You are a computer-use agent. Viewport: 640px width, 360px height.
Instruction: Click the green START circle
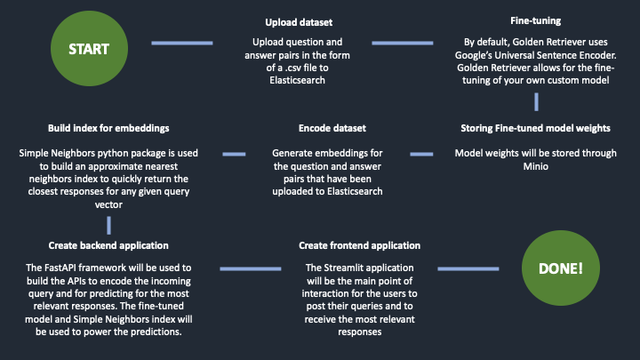click(89, 49)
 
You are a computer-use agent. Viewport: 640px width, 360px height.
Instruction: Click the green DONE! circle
click(560, 268)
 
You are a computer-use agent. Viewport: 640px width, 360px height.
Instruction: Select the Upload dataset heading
click(299, 22)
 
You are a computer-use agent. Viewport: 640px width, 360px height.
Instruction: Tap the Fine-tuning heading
click(535, 20)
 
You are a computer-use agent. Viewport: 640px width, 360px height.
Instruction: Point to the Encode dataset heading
click(332, 128)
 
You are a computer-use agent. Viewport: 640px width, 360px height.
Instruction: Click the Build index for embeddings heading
click(108, 128)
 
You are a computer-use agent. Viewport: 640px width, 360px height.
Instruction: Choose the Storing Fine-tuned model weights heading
click(535, 128)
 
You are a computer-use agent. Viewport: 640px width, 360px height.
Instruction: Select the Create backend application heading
click(108, 245)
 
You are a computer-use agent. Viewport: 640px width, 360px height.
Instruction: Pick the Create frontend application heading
click(360, 245)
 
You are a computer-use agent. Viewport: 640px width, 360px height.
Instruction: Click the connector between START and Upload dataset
click(182, 43)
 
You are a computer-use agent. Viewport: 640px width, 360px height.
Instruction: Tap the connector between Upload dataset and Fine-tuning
click(403, 43)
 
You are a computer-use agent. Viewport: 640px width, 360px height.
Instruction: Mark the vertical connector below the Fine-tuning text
click(536, 101)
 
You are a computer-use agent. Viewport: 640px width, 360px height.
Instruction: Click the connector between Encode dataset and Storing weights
click(421, 154)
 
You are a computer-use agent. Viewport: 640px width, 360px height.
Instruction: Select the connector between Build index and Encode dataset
click(234, 154)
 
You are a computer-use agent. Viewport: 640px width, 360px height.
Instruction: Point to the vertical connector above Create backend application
click(108, 225)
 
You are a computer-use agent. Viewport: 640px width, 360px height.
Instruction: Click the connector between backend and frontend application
click(250, 268)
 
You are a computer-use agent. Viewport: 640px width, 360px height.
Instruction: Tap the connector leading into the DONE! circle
click(468, 268)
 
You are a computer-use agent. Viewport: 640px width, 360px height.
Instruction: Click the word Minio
click(535, 166)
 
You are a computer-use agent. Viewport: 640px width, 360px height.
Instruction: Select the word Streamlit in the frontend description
click(342, 268)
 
